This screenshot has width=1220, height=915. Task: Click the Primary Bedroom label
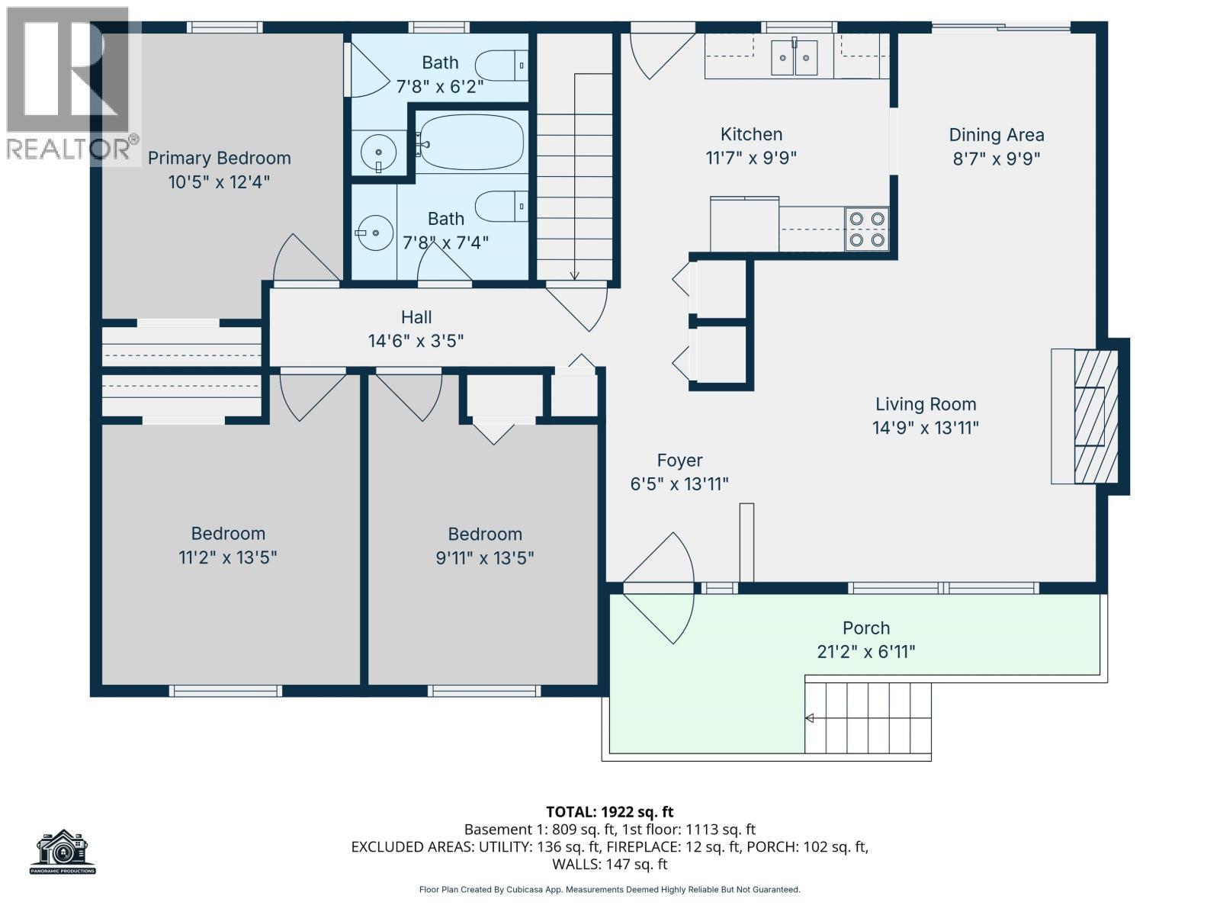point(219,158)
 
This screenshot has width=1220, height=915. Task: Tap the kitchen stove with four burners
point(867,229)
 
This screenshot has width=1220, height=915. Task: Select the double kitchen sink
point(795,57)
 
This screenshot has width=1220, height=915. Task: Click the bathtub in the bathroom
point(470,142)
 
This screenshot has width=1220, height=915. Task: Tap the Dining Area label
point(996,135)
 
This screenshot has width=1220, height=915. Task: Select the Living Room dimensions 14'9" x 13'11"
point(925,428)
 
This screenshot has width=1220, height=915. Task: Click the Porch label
point(865,628)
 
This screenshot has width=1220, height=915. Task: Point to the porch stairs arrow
point(810,718)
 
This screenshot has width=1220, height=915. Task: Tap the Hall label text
point(416,317)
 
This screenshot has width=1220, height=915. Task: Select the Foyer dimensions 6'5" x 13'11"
point(679,484)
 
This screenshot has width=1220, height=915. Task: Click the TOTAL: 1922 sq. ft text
point(609,812)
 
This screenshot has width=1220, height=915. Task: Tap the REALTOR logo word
point(69,149)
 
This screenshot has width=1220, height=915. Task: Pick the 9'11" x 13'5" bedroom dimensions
point(484,557)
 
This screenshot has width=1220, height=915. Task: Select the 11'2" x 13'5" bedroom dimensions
point(227,557)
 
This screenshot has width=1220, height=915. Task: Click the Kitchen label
point(751,134)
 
